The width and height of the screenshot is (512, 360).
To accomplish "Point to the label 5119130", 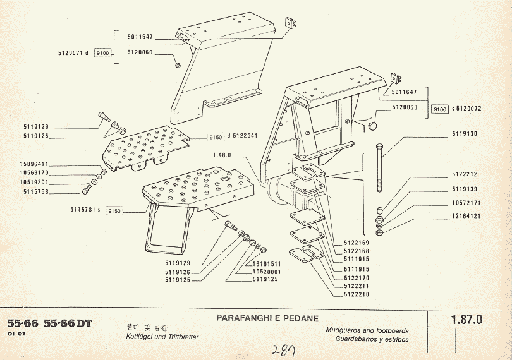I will [x=465, y=134].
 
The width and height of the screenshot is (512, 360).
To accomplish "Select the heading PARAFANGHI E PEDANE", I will [x=267, y=318].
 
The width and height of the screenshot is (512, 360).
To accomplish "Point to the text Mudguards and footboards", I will [x=367, y=330].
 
